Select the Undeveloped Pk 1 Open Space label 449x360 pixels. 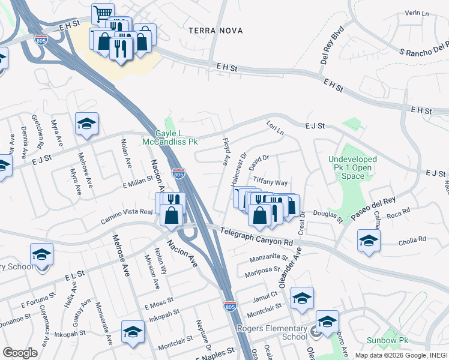point(355,167)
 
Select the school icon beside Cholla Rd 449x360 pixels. point(369,241)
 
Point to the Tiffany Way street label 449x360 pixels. point(271,182)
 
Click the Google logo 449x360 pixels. point(19,353)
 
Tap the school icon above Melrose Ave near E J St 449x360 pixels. point(86,124)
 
